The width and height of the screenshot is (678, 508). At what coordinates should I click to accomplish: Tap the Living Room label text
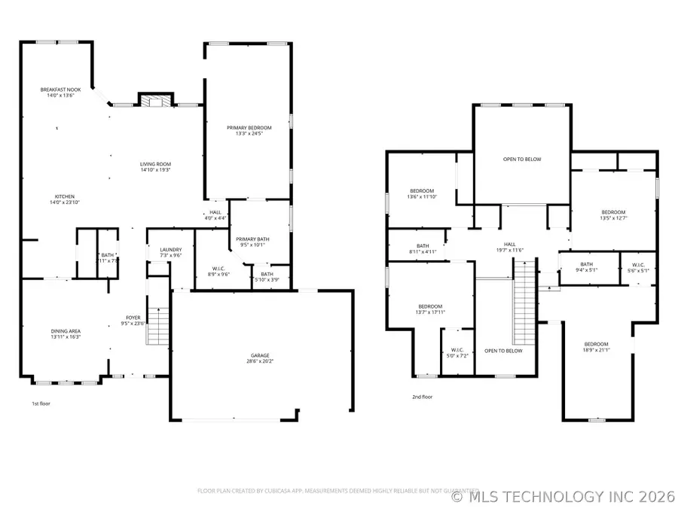pos(155,167)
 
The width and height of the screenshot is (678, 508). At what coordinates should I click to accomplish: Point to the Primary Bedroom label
pos(249,131)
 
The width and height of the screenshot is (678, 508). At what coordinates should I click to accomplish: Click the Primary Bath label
pos(253,242)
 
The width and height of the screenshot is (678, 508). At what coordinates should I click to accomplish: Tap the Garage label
pos(260,358)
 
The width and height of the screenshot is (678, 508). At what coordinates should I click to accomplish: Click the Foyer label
pos(133,321)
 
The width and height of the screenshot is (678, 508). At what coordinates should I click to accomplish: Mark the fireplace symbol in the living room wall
pos(156,102)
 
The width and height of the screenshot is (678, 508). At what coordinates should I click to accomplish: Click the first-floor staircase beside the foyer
pos(157,327)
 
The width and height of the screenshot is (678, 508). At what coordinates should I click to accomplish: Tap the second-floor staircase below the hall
pos(524,301)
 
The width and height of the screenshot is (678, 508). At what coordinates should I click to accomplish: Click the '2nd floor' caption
pos(422,397)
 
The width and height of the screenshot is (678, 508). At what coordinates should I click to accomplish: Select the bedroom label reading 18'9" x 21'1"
pos(596,346)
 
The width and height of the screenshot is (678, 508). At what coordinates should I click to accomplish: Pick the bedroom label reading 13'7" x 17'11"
pos(430,309)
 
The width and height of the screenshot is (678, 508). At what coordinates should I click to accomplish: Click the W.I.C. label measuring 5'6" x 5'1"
pos(637,267)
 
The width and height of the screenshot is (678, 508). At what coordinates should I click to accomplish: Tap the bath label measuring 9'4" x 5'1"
pos(587,267)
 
